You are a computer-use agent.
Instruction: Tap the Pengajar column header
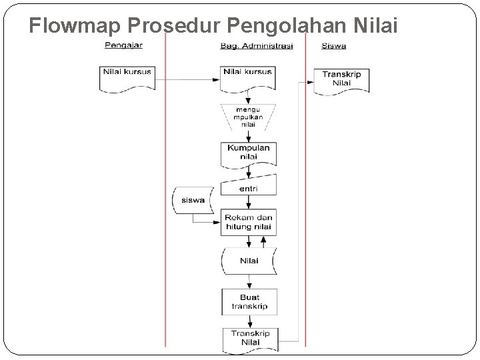point(123,45)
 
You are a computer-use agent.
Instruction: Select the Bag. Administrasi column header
point(256,45)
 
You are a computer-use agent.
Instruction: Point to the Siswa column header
point(333,45)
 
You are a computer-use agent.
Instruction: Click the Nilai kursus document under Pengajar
point(127,76)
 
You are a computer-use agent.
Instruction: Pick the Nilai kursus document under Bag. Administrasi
point(249,76)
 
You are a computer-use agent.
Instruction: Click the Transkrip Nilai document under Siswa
point(341,79)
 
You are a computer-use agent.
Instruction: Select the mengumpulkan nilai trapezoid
point(248,116)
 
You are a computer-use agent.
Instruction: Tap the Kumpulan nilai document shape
point(249,152)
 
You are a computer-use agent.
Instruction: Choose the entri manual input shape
point(249,185)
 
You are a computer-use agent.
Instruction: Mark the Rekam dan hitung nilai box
point(249,222)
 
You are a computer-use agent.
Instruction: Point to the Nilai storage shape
point(249,261)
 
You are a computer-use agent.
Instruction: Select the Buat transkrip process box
point(249,302)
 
